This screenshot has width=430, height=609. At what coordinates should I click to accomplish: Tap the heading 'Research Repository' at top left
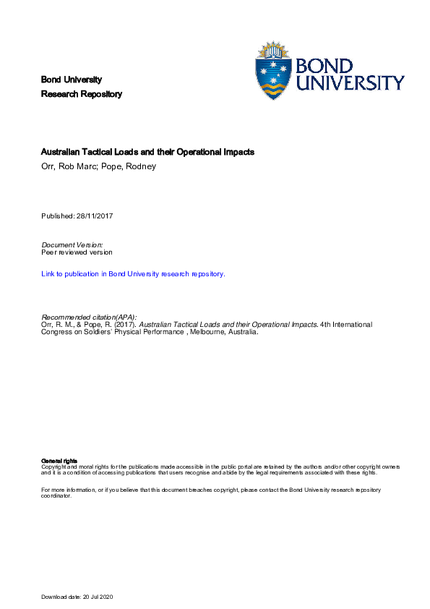(x=82, y=94)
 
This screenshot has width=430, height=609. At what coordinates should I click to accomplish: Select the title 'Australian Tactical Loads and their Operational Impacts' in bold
(x=148, y=153)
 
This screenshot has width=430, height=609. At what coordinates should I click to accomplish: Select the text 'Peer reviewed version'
(x=77, y=252)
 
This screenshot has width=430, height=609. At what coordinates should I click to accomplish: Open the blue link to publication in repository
(x=133, y=274)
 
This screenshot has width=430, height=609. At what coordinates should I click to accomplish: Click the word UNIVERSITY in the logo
(x=352, y=83)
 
